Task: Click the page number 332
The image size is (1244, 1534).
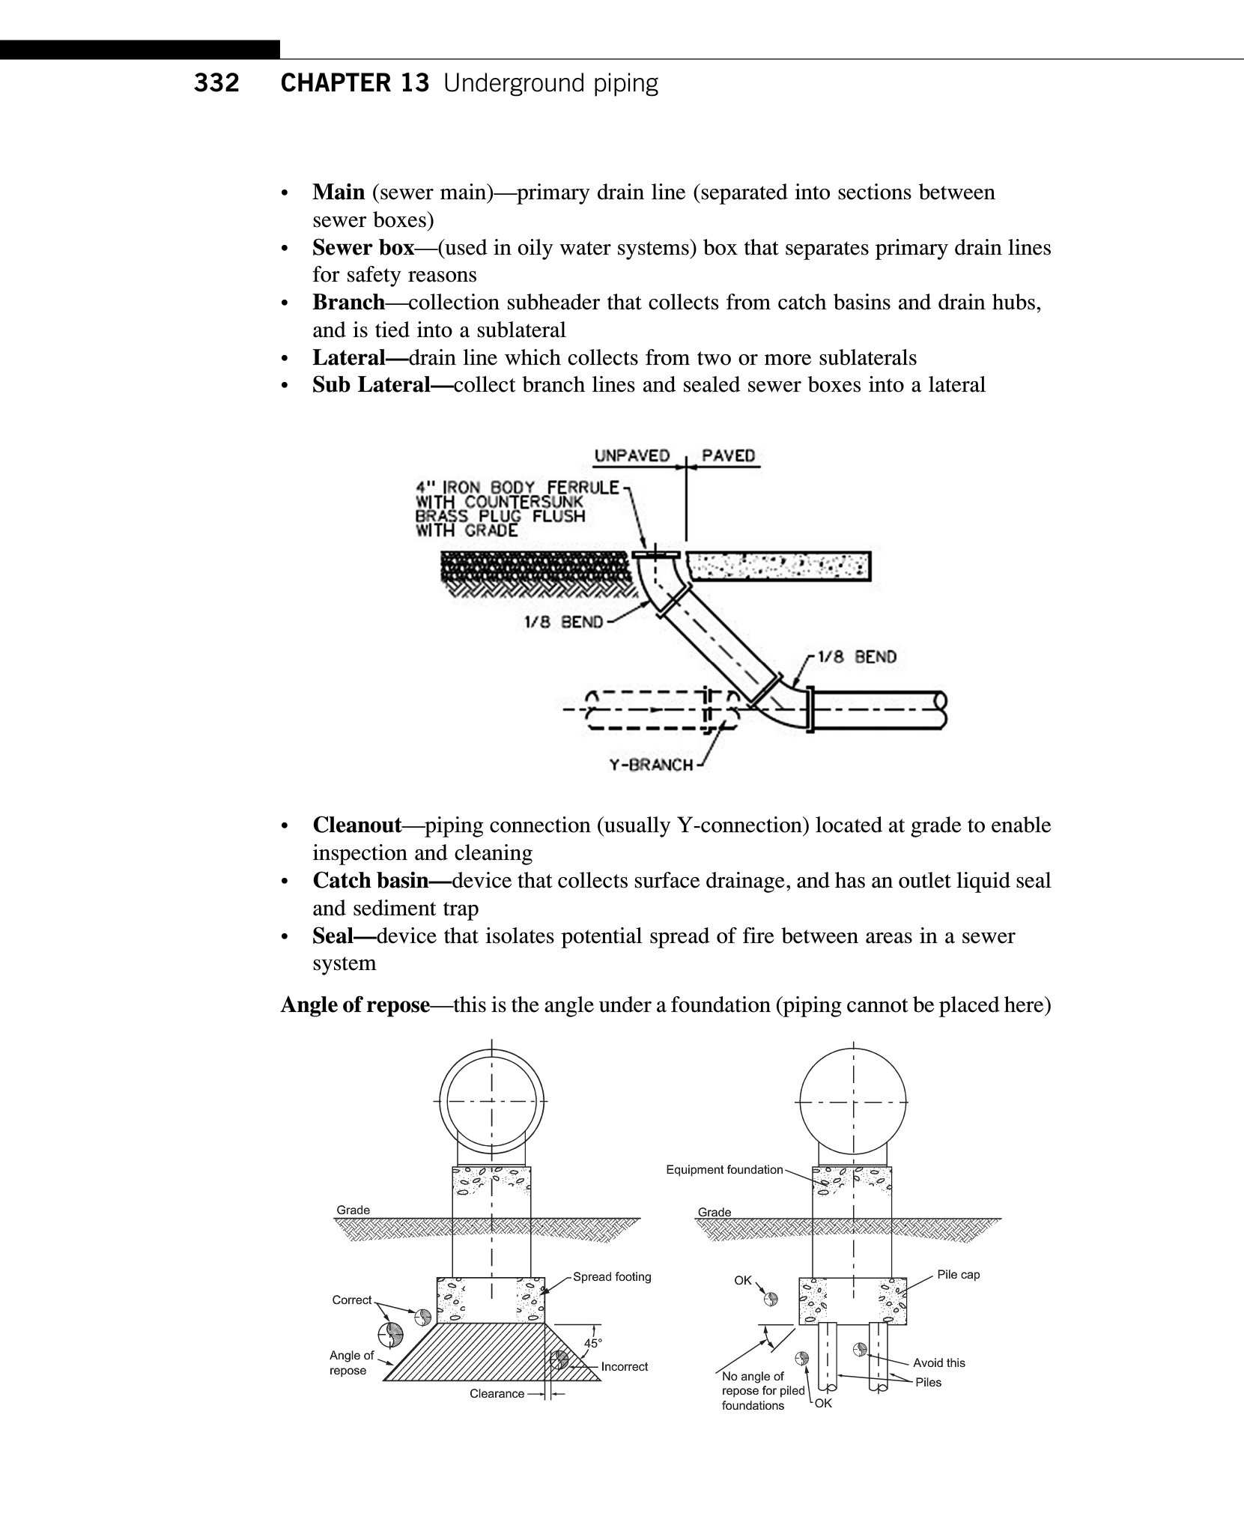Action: [216, 83]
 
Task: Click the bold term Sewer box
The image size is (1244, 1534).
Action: [363, 248]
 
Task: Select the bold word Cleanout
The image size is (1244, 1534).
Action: [357, 825]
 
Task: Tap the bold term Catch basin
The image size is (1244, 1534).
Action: [370, 881]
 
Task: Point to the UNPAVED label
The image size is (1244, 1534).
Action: [631, 456]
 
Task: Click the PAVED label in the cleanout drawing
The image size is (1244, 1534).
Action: [728, 456]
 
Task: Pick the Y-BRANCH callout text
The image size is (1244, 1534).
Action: [651, 765]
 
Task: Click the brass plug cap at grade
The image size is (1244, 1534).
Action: [655, 554]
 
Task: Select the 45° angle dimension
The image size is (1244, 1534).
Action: [593, 1344]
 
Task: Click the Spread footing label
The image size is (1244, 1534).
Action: [612, 1277]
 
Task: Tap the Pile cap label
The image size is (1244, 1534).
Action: [958, 1275]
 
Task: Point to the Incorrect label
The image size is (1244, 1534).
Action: [624, 1367]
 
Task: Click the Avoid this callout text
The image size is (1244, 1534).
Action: [938, 1363]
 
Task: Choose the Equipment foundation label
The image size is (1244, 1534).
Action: [724, 1170]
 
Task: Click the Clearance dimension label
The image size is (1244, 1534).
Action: [497, 1394]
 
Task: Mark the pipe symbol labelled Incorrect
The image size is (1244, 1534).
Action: [559, 1360]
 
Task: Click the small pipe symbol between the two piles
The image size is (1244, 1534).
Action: [860, 1350]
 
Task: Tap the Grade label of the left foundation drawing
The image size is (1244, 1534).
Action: [353, 1210]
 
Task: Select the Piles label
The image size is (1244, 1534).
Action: [928, 1383]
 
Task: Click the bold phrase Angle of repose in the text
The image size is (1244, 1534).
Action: [355, 1005]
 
